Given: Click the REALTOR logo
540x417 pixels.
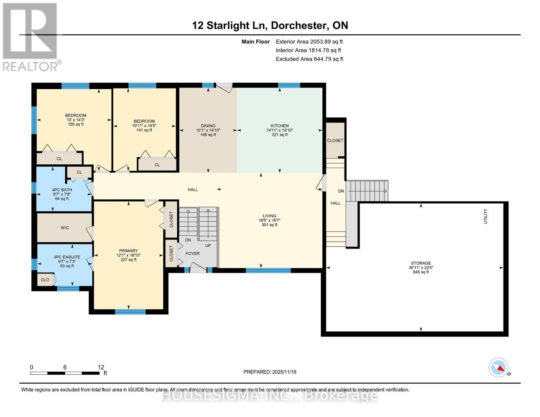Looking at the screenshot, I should click(x=31, y=36).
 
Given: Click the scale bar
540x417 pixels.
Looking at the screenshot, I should click(x=65, y=373).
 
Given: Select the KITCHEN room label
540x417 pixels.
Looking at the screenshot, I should click(x=280, y=126).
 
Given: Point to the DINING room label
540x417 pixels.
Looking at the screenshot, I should click(x=208, y=126).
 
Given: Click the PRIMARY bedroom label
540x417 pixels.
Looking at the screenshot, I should click(x=128, y=251).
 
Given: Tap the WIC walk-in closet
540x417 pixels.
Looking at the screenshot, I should click(x=65, y=228).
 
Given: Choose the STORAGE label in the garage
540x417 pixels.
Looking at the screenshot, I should click(x=421, y=263).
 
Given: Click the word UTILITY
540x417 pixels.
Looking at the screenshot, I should click(x=486, y=216).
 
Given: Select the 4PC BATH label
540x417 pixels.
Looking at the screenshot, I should click(x=62, y=190).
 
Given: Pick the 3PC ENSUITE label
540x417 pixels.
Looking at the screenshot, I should click(x=67, y=257).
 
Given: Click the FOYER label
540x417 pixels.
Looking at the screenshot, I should click(x=192, y=253).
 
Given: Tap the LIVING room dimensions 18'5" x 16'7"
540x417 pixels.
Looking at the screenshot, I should click(x=269, y=220).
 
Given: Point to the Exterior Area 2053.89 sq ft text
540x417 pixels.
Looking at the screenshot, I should click(x=309, y=42).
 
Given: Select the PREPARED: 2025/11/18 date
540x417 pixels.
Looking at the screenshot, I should click(x=270, y=372).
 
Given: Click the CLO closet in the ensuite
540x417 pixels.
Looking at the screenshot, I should click(x=45, y=280).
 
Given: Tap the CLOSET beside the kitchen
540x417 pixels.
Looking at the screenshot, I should click(x=335, y=140).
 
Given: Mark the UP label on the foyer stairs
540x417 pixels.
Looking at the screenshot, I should click(x=208, y=245).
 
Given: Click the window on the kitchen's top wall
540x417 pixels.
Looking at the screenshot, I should click(x=289, y=85).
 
